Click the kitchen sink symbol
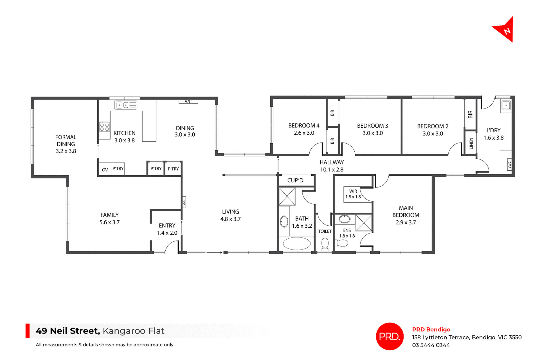125,105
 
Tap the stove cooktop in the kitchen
104,127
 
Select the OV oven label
105,170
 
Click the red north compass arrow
505,30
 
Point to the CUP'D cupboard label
295,180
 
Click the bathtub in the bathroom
296,243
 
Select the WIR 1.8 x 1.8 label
353,194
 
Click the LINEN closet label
471,143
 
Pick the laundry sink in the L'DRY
506,106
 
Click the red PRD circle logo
390,336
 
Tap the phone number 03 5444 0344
431,345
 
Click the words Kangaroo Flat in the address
133,331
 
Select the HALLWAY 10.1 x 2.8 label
332,166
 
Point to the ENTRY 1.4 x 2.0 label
167,229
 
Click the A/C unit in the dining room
188,101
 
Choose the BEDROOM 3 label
372,129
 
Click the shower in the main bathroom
287,196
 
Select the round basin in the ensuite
344,219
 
